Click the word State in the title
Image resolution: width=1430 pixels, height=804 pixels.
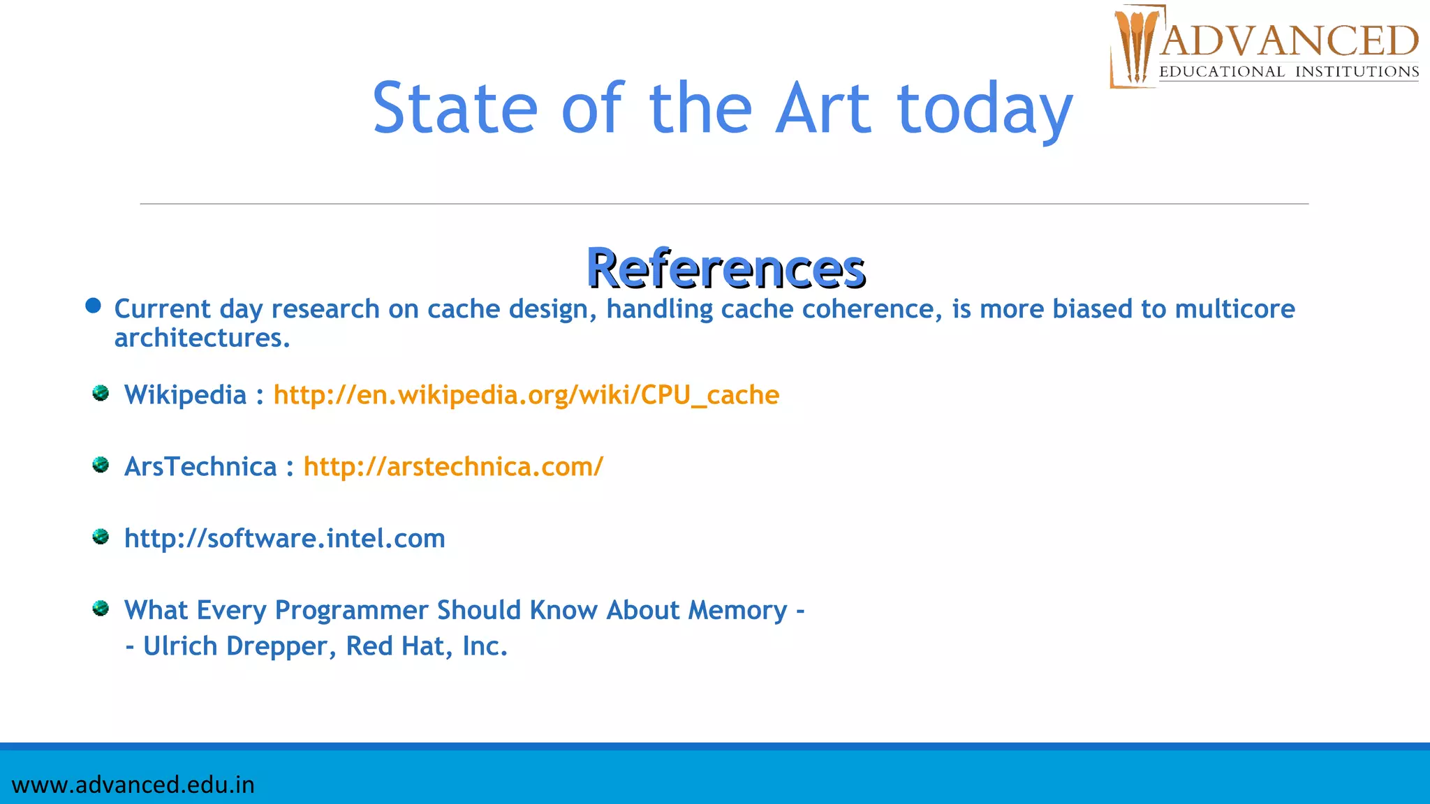pos(455,108)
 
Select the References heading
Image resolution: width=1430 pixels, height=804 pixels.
pos(725,268)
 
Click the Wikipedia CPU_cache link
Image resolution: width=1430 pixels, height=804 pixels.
pos(526,395)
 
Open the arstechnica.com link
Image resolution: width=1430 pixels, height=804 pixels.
pos(453,467)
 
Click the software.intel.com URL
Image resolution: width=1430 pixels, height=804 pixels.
pos(284,539)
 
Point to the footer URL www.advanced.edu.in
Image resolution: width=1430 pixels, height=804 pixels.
pos(133,784)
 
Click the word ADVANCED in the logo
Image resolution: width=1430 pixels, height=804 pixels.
pos(1289,40)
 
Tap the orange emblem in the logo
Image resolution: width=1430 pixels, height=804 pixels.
pos(1135,46)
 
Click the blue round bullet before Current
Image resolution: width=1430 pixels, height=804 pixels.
pos(93,306)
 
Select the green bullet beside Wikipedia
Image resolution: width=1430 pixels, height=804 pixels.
pos(101,394)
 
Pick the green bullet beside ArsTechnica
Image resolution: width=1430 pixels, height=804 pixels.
pos(101,465)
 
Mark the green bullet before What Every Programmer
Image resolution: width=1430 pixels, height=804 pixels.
pos(101,609)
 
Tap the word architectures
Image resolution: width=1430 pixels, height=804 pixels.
pos(202,338)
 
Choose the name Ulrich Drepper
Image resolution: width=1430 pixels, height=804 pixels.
pos(235,646)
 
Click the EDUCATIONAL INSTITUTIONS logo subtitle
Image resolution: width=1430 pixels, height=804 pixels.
pos(1289,72)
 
